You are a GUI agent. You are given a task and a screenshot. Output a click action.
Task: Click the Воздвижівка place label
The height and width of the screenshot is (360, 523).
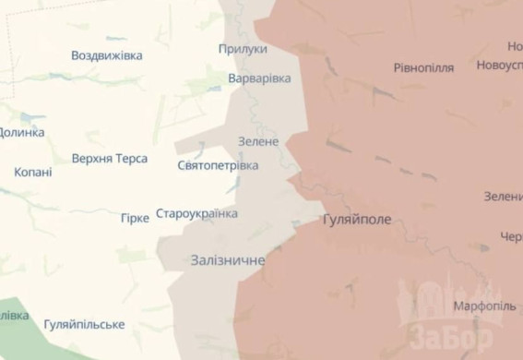click(x=107, y=55)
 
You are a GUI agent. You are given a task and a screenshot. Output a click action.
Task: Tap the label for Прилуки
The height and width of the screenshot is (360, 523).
click(x=244, y=49)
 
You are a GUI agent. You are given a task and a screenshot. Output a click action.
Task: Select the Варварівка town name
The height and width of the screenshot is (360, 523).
click(x=259, y=78)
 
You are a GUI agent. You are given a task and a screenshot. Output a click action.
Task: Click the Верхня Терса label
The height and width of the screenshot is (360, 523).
click(x=110, y=159)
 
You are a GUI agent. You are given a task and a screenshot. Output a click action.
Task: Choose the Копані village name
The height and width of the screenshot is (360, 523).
click(x=33, y=172)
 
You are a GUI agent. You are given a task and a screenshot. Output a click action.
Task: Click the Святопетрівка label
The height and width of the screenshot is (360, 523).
click(x=218, y=165)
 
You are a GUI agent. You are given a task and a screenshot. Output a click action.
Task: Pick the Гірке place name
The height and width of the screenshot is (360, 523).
click(x=135, y=218)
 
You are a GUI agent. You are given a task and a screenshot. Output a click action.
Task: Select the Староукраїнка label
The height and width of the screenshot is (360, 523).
click(x=196, y=214)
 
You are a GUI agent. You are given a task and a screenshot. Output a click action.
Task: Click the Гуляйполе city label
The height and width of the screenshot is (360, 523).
click(x=357, y=221)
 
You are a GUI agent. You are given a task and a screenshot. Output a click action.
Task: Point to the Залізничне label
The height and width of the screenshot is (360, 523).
click(x=227, y=260)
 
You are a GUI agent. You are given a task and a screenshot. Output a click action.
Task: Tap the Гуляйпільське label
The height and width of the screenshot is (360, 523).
click(x=84, y=324)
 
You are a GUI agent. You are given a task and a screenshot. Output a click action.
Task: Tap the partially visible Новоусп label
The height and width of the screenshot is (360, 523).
click(x=499, y=66)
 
